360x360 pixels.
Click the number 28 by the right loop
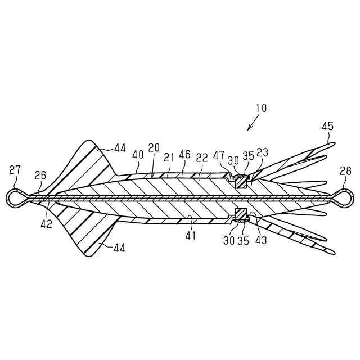346,171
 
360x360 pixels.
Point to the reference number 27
15,169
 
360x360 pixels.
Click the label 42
47,224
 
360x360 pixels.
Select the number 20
154,148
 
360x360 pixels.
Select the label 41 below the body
191,235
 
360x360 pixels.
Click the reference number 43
260,239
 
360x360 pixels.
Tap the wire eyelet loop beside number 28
345,196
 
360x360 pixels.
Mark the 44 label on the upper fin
119,148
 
